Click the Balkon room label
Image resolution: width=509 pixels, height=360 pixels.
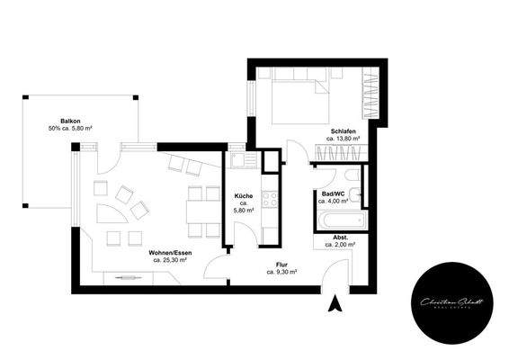(72, 120)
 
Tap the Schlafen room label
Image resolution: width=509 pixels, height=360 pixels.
(343, 130)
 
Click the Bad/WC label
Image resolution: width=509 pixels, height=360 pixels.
(335, 193)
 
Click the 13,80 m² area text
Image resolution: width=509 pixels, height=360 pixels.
(343, 139)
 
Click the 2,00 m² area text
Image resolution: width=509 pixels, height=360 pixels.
(339, 245)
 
